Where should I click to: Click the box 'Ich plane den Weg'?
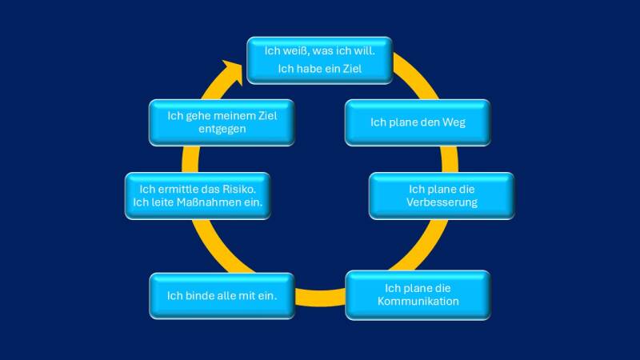[417, 122]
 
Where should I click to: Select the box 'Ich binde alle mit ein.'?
[221, 296]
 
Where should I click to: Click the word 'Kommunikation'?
[418, 302]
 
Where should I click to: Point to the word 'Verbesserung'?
[441, 202]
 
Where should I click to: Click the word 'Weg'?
[454, 122]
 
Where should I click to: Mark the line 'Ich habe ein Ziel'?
[320, 69]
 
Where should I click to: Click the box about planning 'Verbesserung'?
[441, 195]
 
